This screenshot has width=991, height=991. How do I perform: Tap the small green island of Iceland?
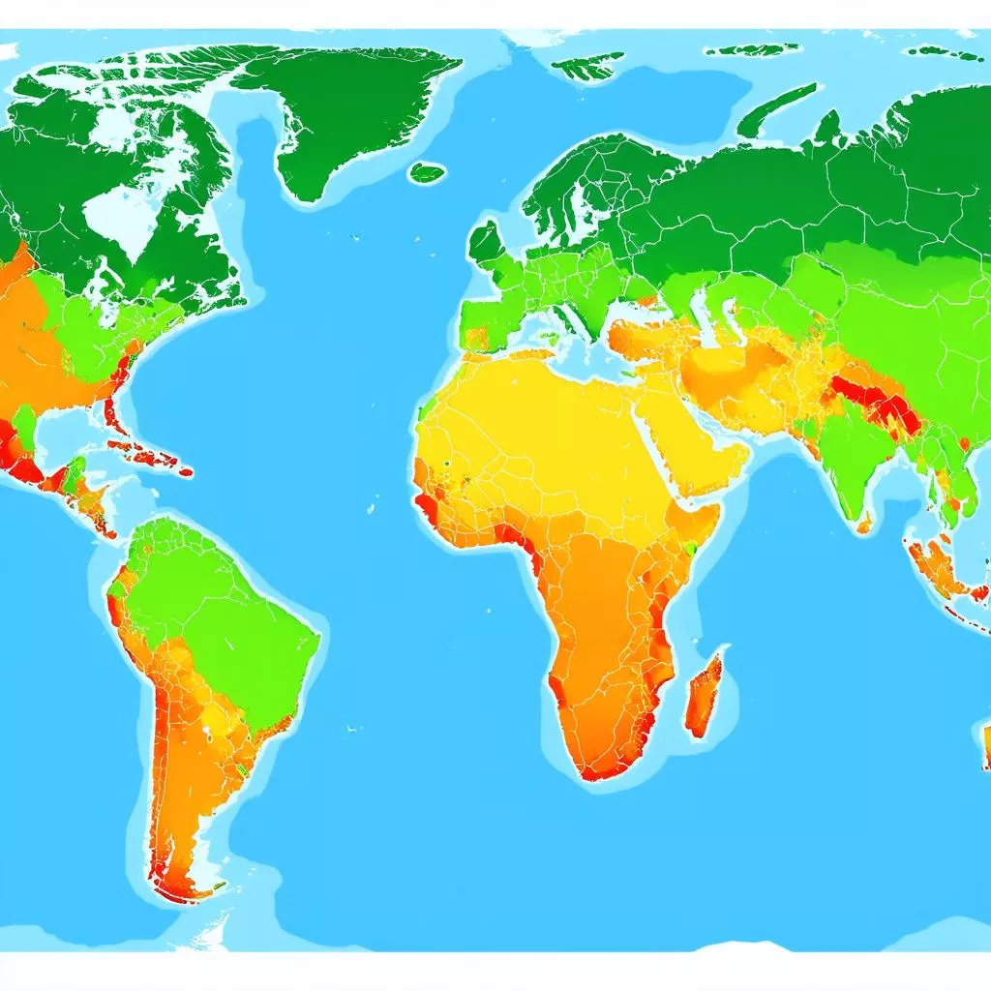pos(426,173)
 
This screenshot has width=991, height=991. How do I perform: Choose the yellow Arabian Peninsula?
pos(692,440)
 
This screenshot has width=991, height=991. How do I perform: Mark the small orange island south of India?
pos(863,524)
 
